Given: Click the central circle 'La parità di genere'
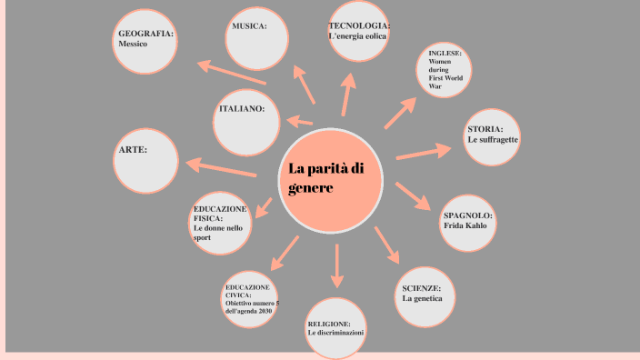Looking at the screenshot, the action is click(x=330, y=179).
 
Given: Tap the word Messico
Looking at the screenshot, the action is click(x=133, y=44).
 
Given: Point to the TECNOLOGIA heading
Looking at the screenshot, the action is click(x=359, y=25).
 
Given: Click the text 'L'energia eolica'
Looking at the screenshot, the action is click(x=357, y=36).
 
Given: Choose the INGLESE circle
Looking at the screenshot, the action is click(x=446, y=74).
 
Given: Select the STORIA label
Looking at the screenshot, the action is click(x=485, y=129).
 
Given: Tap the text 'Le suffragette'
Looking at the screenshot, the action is click(x=493, y=141).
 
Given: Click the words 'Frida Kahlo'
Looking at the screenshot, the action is click(x=465, y=225).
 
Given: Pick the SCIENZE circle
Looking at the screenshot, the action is click(x=425, y=295).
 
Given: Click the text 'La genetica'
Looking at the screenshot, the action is click(x=421, y=298).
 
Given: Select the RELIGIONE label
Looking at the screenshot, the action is click(x=335, y=324).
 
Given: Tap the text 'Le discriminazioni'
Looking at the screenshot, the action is click(x=335, y=334).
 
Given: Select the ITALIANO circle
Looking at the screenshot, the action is click(x=247, y=122).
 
